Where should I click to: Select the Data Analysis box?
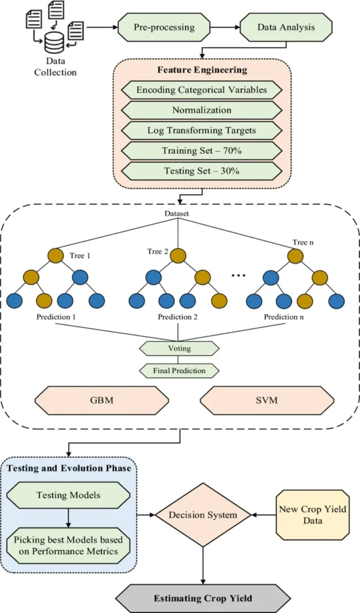click(285, 28)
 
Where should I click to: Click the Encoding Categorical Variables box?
click(201, 90)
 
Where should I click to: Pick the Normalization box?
click(201, 110)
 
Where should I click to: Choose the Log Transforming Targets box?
click(201, 131)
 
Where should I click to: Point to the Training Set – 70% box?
click(201, 151)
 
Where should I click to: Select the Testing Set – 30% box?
click(201, 171)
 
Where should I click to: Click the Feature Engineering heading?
click(202, 70)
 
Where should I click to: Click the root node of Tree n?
click(295, 256)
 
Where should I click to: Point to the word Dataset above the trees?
click(177, 214)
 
